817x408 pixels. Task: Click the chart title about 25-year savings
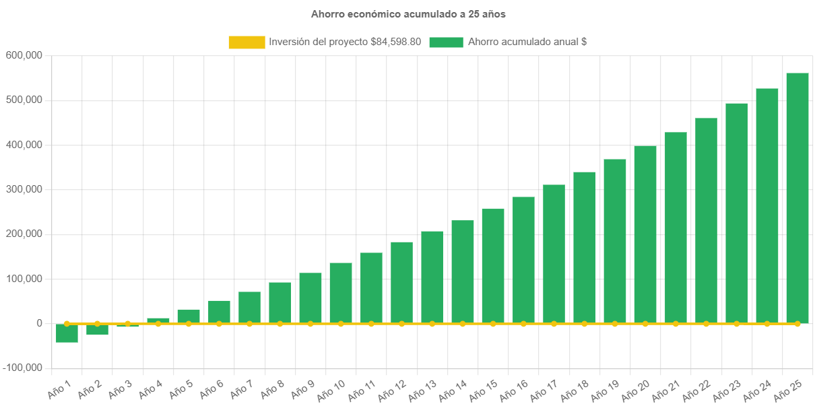point(408,13)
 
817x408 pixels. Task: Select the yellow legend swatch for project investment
point(247,42)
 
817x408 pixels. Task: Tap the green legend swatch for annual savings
point(446,42)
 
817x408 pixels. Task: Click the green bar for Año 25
point(797,199)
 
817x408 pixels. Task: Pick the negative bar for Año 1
point(67,334)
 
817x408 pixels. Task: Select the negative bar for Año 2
point(97,330)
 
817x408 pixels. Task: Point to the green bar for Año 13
point(432,277)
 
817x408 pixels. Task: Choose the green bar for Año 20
point(645,234)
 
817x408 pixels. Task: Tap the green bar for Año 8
point(280,303)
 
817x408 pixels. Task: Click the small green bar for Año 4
point(158,320)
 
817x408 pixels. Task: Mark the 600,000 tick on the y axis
point(24,55)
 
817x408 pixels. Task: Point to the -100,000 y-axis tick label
point(22,368)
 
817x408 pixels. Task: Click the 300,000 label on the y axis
point(24,189)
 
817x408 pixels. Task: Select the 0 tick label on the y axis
point(40,323)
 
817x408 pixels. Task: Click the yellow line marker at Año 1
point(67,324)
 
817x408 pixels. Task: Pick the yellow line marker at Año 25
point(797,324)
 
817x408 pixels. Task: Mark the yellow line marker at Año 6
point(219,324)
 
